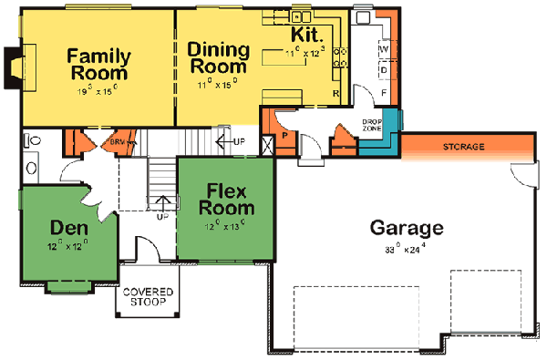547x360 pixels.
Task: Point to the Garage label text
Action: point(407,227)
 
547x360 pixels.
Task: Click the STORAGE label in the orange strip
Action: point(462,147)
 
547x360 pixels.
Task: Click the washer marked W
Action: point(384,47)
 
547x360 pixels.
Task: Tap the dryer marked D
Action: point(384,69)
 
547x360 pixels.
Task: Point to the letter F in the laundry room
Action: point(384,93)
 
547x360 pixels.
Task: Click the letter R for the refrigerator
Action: point(336,94)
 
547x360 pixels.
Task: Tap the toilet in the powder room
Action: point(34,140)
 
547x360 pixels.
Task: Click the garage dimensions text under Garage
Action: point(407,247)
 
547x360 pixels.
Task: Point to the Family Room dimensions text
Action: point(99,91)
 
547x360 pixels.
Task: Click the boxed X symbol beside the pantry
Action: point(267,145)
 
